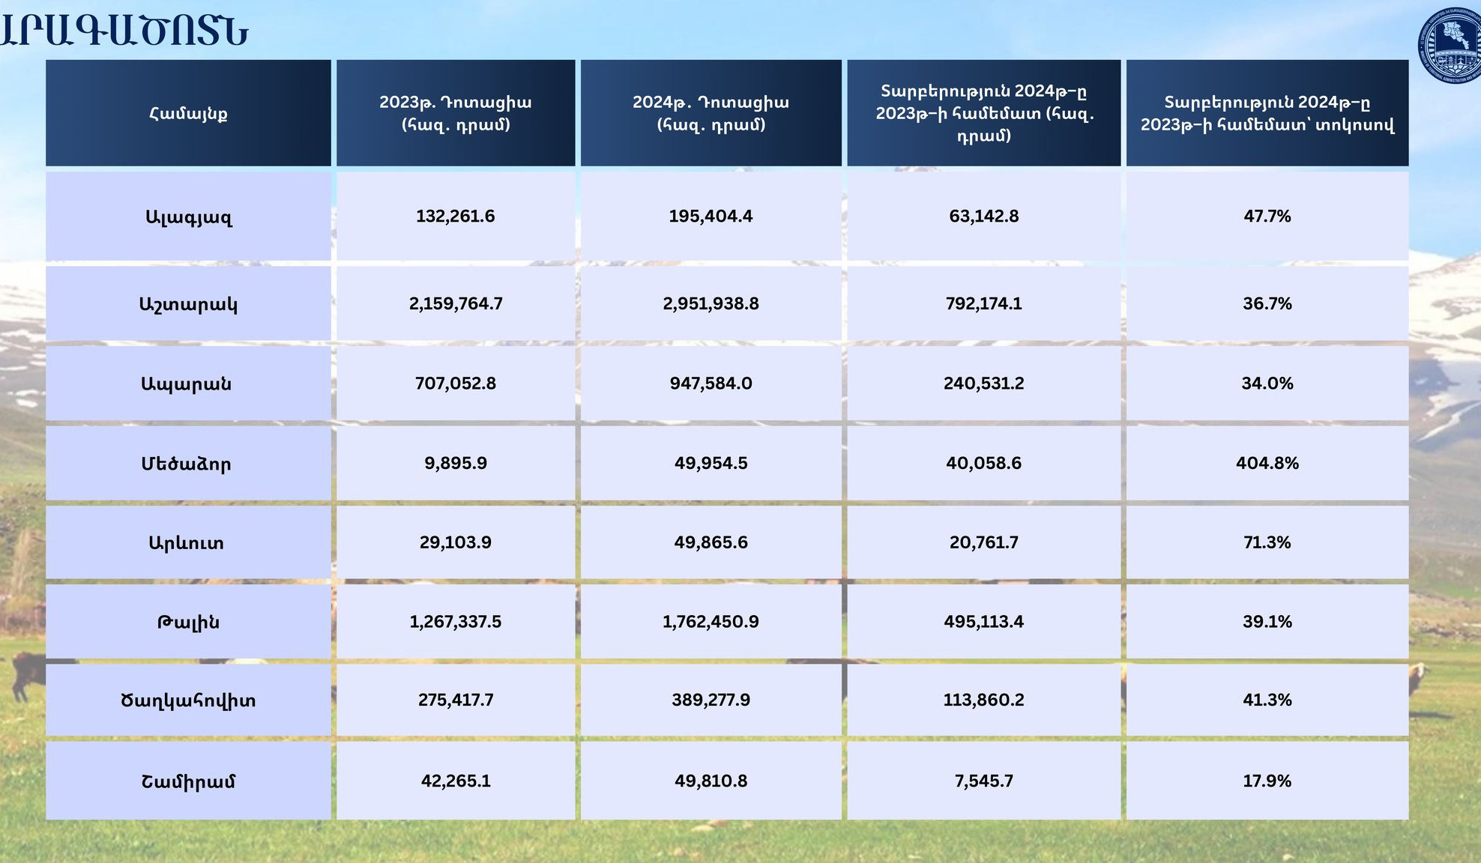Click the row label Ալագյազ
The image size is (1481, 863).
click(188, 217)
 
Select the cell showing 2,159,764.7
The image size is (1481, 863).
click(456, 303)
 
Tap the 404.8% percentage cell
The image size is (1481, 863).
click(1267, 463)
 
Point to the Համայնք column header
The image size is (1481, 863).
click(188, 113)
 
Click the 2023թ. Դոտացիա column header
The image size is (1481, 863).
click(456, 113)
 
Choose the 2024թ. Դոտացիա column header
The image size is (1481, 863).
click(711, 113)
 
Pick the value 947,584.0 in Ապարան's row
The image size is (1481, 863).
click(711, 384)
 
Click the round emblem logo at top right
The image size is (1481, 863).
click(1451, 45)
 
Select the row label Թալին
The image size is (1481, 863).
click(188, 622)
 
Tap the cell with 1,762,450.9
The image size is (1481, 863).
click(711, 622)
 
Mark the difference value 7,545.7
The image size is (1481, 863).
click(983, 781)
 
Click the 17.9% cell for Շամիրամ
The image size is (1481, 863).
click(1267, 781)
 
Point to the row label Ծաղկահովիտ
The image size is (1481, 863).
click(188, 700)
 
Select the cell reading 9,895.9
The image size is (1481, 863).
click(456, 463)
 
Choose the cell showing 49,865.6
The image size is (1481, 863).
click(711, 542)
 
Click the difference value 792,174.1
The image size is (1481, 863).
click(983, 303)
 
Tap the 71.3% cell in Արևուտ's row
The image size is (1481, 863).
click(1267, 542)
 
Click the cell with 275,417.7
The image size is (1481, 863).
click(456, 700)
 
